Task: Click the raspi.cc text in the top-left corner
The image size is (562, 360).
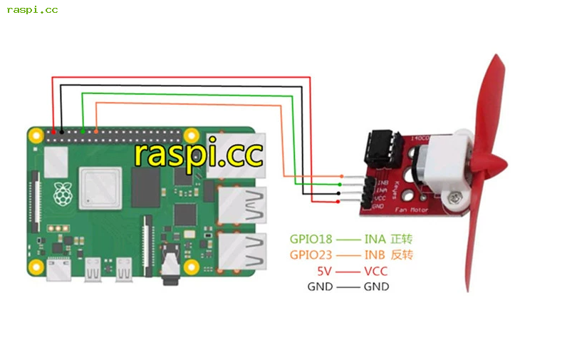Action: (x=32, y=10)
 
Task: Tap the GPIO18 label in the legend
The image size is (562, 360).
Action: (x=311, y=239)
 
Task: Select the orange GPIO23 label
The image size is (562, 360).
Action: (x=311, y=254)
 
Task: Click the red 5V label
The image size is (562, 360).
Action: (x=326, y=271)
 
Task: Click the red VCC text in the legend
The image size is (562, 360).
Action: (x=375, y=271)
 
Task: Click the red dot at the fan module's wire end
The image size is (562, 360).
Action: (x=337, y=202)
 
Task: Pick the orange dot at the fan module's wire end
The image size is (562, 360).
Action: (x=342, y=176)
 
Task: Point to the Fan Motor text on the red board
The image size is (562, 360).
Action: (x=410, y=210)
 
